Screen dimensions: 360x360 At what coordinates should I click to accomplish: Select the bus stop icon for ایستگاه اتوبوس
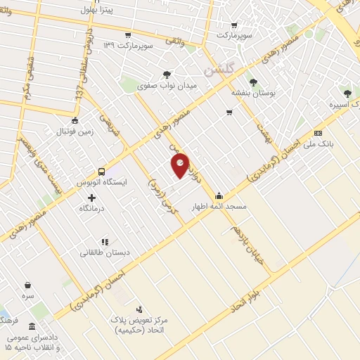[102, 171]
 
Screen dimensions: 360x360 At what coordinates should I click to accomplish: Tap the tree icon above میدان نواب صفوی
[167, 74]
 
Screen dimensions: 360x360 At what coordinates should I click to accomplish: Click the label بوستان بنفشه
[254, 92]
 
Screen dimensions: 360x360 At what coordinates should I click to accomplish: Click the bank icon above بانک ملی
[319, 134]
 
